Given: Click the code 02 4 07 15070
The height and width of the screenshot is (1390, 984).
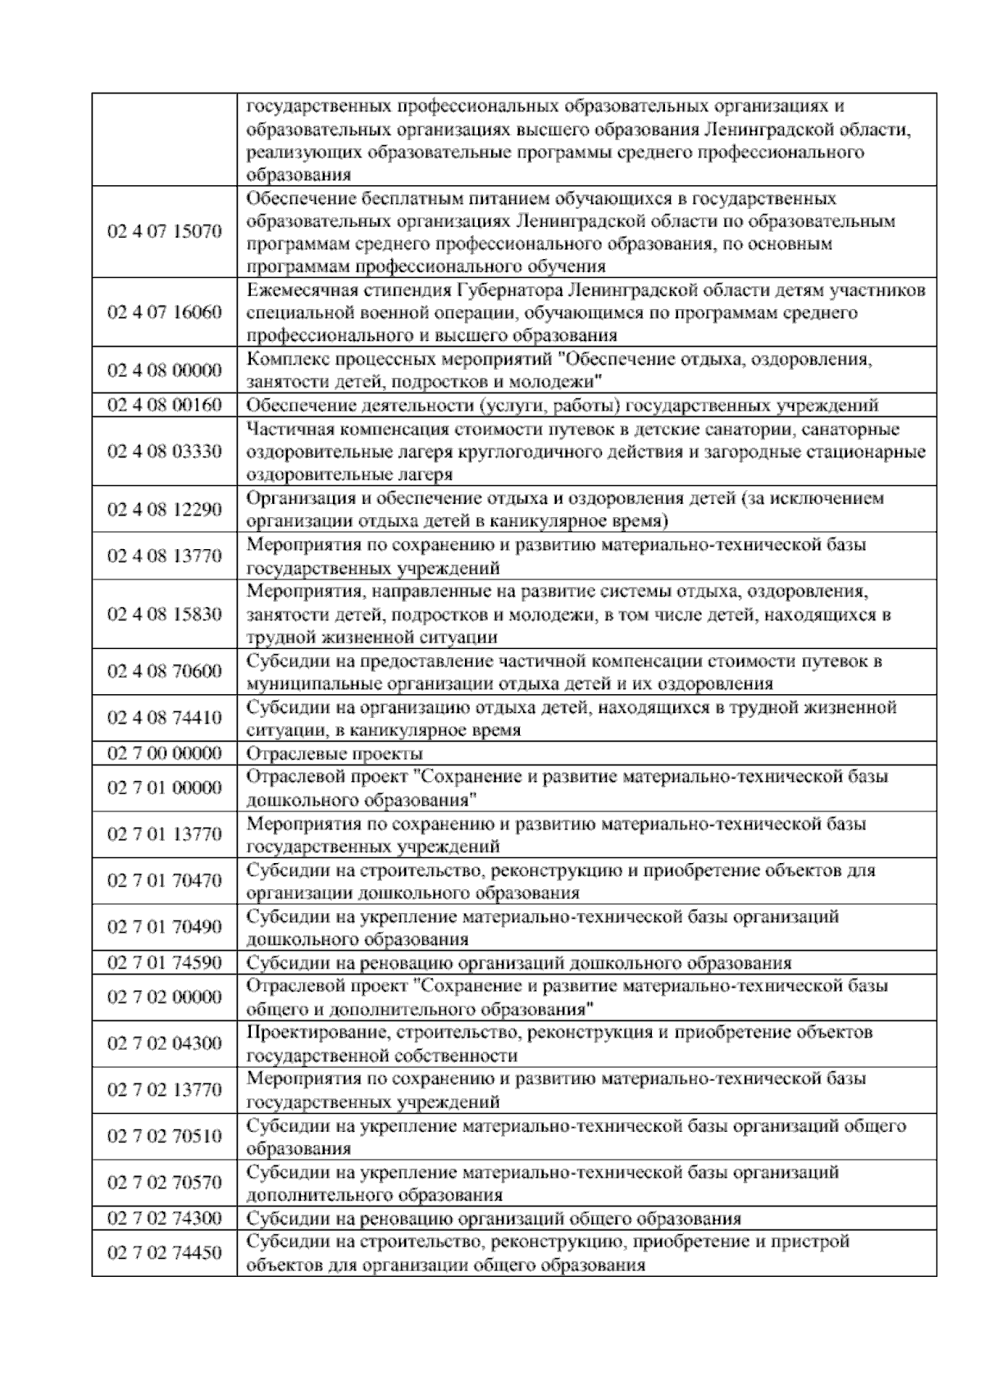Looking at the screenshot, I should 164,232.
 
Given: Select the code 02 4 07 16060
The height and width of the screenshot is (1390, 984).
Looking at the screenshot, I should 164,313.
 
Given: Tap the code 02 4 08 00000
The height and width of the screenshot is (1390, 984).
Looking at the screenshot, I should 164,370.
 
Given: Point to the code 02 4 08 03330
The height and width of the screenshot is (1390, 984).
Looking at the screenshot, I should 164,452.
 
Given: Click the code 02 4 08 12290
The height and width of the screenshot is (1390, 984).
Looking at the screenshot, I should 164,510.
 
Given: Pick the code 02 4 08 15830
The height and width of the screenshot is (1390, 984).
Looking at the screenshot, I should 164,615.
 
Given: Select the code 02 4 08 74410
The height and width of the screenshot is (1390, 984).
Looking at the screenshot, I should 164,718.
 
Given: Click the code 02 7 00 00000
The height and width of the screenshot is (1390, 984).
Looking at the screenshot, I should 164,753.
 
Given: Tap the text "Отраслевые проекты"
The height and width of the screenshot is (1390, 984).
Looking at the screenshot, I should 335,753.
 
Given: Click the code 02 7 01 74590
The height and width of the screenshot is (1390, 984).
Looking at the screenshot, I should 164,962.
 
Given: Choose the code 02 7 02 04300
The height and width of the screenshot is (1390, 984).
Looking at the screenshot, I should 164,1043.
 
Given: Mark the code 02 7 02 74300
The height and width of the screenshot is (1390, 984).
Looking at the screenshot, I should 164,1218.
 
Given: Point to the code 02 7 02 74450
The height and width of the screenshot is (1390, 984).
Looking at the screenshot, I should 164,1253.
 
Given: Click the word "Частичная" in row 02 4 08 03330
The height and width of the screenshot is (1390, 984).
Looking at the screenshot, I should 286,429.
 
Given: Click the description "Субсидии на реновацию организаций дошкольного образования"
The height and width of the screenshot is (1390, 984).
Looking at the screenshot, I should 519,962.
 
